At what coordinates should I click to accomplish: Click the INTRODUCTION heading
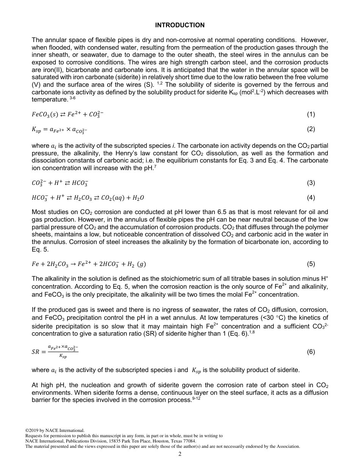180,25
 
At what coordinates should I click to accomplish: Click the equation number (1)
311,114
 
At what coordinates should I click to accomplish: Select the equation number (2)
311,129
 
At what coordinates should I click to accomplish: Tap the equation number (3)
311,183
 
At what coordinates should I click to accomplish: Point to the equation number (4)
311,198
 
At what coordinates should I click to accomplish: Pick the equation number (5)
311,264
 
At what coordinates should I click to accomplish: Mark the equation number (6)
311,352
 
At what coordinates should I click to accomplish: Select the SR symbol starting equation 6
35,352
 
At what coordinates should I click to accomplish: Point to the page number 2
180,454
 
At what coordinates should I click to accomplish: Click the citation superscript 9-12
195,398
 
